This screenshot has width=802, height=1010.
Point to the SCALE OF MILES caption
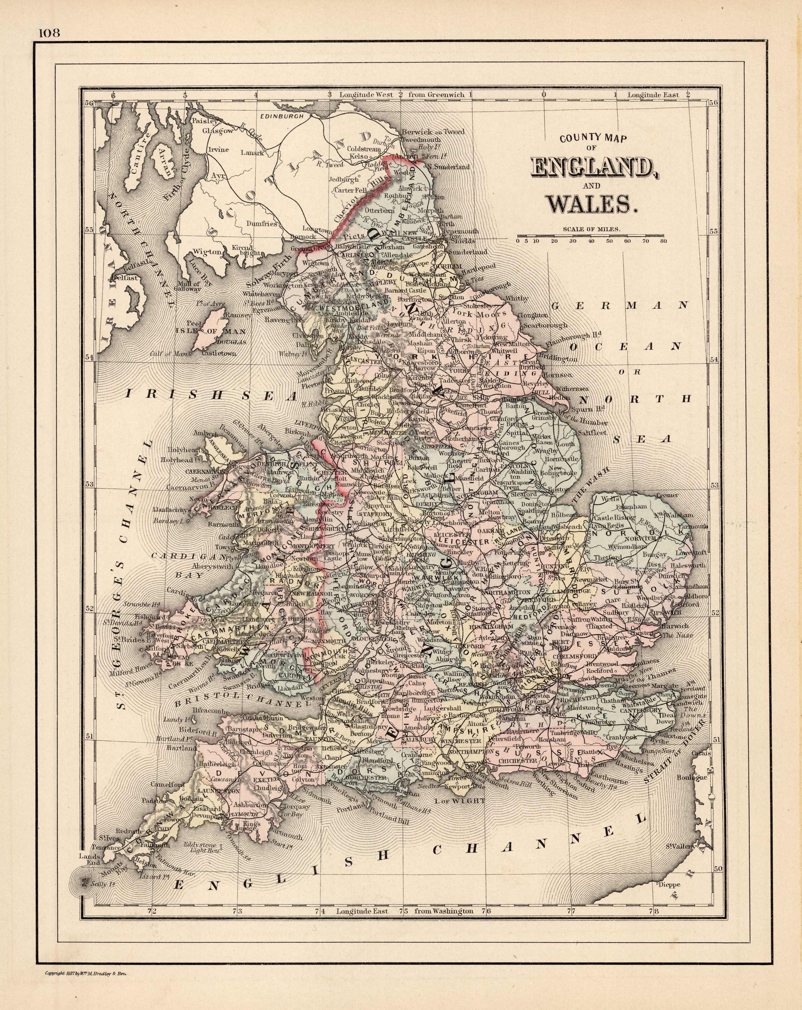click(592, 229)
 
